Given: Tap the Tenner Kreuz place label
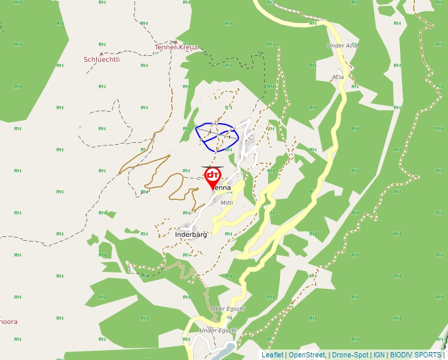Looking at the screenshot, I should point(176,47).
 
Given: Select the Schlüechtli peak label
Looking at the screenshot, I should point(101,59).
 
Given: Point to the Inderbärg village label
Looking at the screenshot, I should point(191,234).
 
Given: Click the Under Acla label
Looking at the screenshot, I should point(343,45).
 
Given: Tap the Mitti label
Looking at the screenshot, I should point(227,203).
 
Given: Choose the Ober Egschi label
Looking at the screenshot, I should point(228,309).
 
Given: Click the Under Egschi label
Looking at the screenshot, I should point(217,330).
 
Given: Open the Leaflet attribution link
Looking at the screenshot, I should point(272,355).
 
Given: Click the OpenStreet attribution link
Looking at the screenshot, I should point(306,355).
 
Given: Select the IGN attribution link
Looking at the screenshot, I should point(379,355).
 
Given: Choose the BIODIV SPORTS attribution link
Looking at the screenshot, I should point(416,355).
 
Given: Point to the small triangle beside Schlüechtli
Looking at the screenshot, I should point(101,53).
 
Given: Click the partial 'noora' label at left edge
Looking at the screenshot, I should point(9,322).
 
